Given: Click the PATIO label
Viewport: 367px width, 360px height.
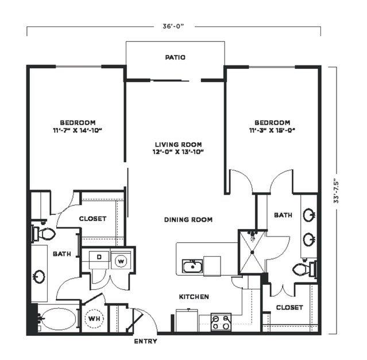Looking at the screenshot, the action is click(175, 57).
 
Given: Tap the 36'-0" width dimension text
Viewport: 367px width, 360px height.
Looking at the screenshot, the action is click(173, 26).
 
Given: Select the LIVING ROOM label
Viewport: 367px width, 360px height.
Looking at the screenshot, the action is click(179, 145).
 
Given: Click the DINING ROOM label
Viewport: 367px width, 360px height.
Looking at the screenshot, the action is click(188, 220).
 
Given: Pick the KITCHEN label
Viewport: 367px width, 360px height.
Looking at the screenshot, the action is click(194, 297).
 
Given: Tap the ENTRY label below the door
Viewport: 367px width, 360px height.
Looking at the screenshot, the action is click(145, 341).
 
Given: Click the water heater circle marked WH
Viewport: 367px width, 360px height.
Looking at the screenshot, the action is click(94, 318).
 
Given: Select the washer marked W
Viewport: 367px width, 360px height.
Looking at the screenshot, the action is click(121, 261).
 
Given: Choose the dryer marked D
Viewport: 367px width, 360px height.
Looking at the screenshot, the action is click(99, 260).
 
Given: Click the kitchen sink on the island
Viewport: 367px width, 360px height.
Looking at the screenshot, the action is click(192, 266).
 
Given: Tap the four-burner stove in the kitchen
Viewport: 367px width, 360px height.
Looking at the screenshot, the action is click(221, 322).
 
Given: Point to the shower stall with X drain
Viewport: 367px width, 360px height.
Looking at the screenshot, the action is click(252, 252).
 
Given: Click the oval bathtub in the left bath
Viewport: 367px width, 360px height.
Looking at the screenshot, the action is click(57, 318).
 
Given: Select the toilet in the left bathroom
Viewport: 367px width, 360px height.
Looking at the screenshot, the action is click(43, 234).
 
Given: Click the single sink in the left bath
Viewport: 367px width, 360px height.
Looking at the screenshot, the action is click(39, 277).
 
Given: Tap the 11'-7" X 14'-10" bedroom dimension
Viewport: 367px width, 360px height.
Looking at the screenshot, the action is click(78, 130).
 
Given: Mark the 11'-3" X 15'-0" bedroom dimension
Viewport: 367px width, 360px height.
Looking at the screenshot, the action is click(272, 130).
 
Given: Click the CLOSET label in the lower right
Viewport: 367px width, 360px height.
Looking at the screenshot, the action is click(289, 307).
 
